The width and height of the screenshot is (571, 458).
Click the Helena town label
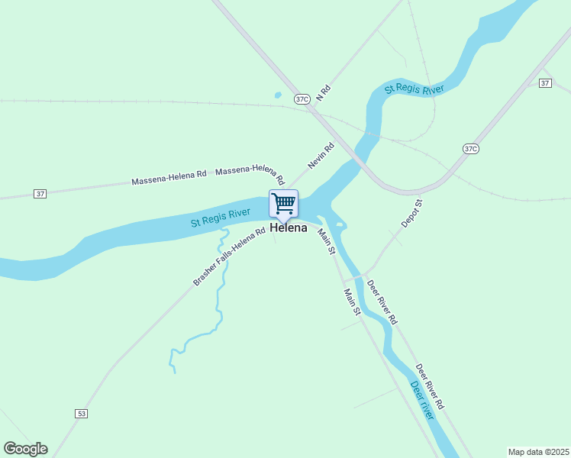point(289,228)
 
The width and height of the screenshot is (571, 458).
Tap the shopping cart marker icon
point(283,203)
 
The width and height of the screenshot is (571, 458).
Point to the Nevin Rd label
point(321,156)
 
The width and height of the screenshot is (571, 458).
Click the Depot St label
point(412,214)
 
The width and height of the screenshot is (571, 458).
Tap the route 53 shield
point(82,413)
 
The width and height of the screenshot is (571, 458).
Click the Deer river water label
point(422,400)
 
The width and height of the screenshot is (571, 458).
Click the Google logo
point(25,449)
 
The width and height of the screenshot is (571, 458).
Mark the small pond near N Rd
point(277,96)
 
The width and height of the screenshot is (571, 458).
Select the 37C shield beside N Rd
point(302,98)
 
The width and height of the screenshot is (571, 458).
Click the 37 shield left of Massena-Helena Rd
point(40,194)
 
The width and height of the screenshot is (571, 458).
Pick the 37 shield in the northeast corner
point(544,82)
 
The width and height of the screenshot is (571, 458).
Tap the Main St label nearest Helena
point(327,241)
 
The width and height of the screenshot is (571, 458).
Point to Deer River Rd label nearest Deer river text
point(431,385)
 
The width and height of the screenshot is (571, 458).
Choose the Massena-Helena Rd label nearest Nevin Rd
point(250,176)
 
